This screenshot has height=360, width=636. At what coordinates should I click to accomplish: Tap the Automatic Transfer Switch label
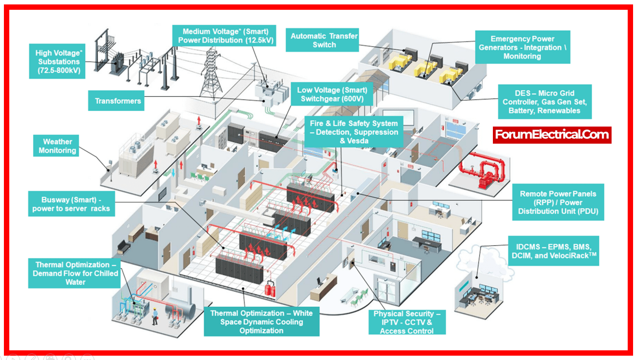coord(324,40)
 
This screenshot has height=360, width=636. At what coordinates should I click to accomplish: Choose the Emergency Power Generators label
coord(522,47)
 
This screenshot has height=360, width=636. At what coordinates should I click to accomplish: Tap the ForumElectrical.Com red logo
coord(552,134)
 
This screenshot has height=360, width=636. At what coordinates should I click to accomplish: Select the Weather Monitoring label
coord(57,146)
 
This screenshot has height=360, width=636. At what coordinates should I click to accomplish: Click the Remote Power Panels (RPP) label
coord(557,203)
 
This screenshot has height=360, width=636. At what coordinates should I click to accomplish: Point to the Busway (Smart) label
coord(71,204)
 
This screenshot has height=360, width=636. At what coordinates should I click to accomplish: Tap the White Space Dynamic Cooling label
coord(261,322)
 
